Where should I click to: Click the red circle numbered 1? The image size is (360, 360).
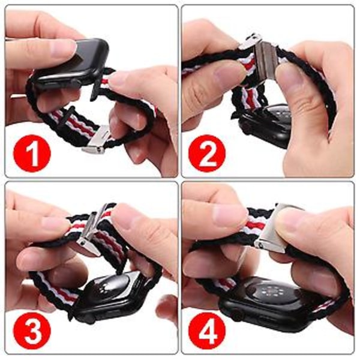point(32,153)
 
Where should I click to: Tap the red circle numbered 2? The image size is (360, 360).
point(208,153)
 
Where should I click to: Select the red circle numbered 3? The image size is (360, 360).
point(32,329)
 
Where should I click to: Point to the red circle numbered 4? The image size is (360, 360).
point(208,329)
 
